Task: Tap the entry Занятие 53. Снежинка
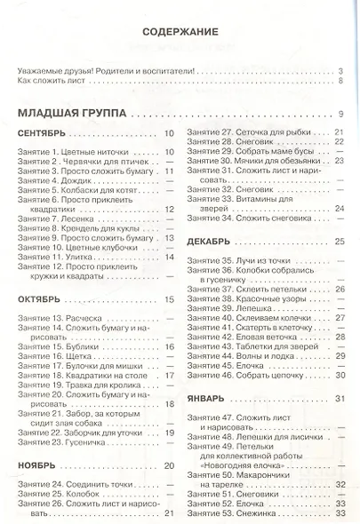[x=233, y=512]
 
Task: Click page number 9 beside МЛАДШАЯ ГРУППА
[x=340, y=114]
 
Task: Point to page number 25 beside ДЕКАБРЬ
[x=339, y=242]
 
